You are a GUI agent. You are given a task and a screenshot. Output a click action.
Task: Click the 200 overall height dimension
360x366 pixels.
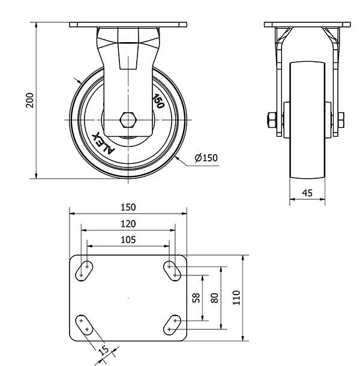tap(29, 100)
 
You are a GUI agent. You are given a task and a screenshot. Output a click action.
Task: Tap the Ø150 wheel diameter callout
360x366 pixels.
tap(206, 158)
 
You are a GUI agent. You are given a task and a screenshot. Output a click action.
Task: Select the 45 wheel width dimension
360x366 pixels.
tap(307, 193)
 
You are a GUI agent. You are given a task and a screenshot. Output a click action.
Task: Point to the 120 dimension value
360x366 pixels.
tap(128, 224)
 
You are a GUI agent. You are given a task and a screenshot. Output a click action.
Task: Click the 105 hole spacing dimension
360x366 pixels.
tap(128, 240)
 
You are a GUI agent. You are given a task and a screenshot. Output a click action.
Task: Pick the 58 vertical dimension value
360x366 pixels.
tap(196, 298)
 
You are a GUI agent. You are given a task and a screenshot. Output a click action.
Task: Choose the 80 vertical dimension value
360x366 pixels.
tap(214, 298)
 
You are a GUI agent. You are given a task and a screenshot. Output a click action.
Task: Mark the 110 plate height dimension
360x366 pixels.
tap(236, 298)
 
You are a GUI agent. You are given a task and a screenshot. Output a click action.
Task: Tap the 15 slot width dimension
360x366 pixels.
tap(104, 350)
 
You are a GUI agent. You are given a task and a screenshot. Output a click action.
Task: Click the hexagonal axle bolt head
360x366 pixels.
tap(128, 120)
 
